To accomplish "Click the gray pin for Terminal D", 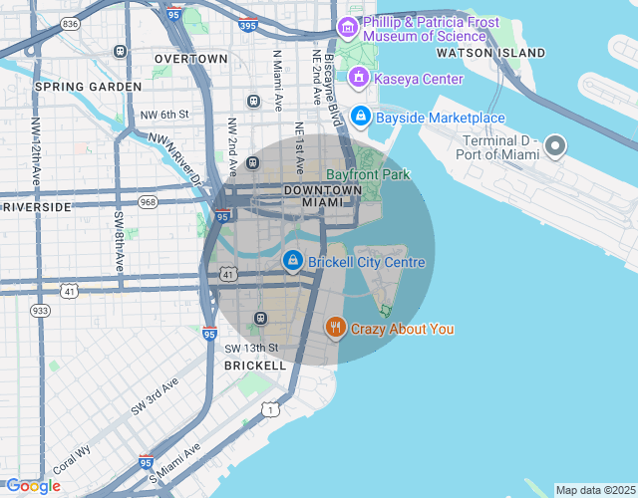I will click(x=555, y=147).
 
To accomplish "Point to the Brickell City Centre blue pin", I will click(x=292, y=261).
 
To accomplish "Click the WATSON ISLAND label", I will click(x=490, y=52).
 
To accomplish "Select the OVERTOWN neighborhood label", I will click(x=190, y=59).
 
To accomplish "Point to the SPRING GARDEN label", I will click(x=88, y=87).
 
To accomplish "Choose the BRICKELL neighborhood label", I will click(x=255, y=366).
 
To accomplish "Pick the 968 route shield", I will click(x=149, y=202).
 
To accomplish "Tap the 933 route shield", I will click(x=40, y=311).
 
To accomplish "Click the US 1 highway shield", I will click(x=269, y=408).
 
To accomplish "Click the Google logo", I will click(x=33, y=485).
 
